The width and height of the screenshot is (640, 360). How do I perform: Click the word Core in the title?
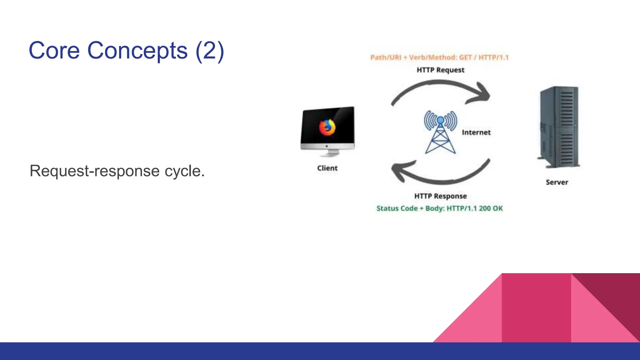[54, 51]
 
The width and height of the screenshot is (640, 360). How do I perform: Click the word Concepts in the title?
[137, 51]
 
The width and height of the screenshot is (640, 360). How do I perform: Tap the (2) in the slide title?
[210, 51]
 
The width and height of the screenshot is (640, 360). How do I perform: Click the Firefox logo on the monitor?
[327, 127]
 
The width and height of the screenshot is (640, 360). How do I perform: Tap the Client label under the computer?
[327, 168]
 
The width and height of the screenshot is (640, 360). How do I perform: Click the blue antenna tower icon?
[440, 133]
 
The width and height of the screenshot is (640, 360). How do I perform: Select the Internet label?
[476, 132]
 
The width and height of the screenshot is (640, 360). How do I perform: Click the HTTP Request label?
[440, 70]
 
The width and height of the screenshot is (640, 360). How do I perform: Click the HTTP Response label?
[440, 196]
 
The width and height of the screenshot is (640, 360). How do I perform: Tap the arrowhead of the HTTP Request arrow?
[481, 94]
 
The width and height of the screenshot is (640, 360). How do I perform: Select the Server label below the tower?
[557, 182]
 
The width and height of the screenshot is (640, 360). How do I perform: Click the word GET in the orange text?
[465, 57]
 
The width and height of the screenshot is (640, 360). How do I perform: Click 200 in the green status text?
[485, 208]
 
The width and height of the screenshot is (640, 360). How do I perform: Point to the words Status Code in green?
[397, 208]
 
